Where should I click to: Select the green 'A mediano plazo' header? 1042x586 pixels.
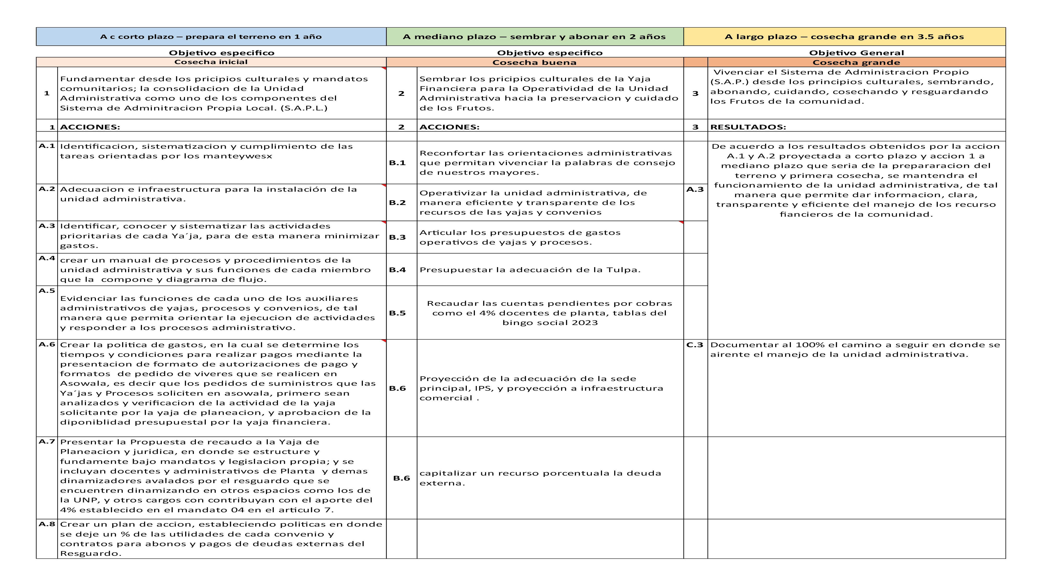(x=534, y=37)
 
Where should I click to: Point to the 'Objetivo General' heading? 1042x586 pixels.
(x=856, y=53)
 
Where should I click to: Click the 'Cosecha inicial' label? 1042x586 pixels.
(x=211, y=62)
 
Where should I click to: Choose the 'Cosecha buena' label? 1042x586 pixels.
(x=534, y=62)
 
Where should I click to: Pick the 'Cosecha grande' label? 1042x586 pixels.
(x=856, y=62)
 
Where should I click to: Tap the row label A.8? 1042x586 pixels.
(x=47, y=524)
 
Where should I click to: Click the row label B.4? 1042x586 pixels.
(x=397, y=270)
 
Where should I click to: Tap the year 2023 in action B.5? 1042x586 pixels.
(x=585, y=323)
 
